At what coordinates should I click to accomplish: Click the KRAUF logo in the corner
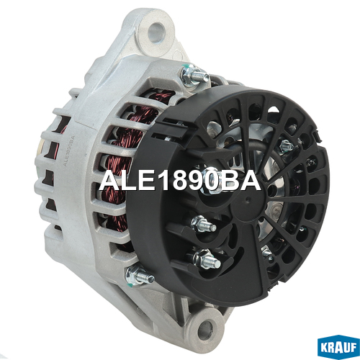(338, 347)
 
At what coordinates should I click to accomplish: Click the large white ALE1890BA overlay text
(179, 181)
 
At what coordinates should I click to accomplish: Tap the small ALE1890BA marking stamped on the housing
(69, 151)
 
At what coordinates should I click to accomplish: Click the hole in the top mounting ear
(156, 30)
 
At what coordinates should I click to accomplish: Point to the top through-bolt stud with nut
(194, 75)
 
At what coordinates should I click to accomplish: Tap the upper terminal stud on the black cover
(204, 224)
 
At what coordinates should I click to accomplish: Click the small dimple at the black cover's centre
(247, 199)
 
